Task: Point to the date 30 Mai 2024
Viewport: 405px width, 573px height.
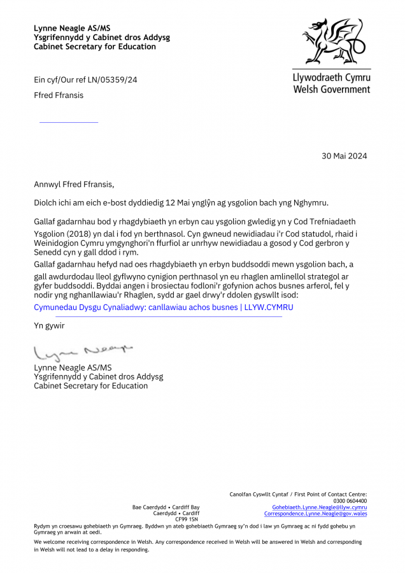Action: (345, 156)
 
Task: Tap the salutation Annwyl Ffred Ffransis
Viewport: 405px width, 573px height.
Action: (74, 185)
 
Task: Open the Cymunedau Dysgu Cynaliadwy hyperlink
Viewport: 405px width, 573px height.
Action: (164, 308)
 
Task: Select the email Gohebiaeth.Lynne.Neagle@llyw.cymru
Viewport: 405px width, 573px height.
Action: (319, 507)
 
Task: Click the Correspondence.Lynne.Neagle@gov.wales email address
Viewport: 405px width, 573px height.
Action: (315, 514)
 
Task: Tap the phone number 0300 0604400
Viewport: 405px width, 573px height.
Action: (350, 501)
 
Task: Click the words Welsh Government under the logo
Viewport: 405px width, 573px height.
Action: (331, 89)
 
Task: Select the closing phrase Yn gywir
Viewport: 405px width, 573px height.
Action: (49, 326)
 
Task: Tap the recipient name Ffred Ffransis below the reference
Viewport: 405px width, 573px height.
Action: (59, 95)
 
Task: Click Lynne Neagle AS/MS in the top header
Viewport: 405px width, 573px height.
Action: (72, 28)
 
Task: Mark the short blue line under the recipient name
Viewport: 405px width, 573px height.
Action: (69, 122)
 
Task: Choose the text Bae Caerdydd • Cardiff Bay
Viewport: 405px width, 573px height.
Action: (166, 507)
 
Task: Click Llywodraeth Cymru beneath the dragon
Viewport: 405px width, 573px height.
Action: (331, 78)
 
